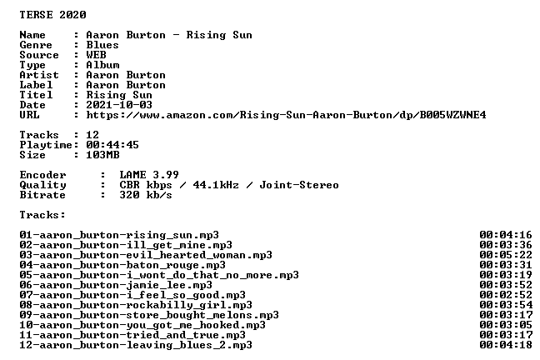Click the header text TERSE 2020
[x=52, y=15]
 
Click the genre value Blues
[x=102, y=45]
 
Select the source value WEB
[x=96, y=55]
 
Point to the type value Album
[x=102, y=65]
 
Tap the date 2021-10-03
[x=119, y=105]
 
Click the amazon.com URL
[x=286, y=115]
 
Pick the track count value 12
[x=92, y=135]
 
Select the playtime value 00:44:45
[x=112, y=145]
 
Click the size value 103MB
[x=102, y=155]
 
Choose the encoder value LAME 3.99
[x=149, y=175]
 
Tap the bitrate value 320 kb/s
[x=146, y=195]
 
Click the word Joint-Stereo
[x=299, y=185]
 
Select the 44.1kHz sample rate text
[x=216, y=185]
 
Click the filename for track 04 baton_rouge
[x=122, y=265]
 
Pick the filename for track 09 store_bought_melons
[x=149, y=315]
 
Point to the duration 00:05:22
[x=506, y=255]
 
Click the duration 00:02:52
[x=506, y=295]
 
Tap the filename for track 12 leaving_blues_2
[x=136, y=345]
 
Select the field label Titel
[x=36, y=95]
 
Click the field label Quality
[x=42, y=185]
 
